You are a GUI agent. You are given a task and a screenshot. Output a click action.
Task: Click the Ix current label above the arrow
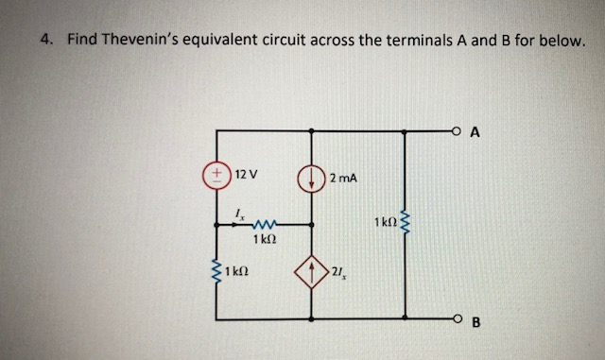(237, 214)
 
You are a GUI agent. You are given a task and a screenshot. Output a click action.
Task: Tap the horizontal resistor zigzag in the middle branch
(268, 224)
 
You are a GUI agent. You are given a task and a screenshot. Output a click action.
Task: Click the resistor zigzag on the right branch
(406, 225)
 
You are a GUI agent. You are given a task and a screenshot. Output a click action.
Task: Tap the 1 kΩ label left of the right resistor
(385, 224)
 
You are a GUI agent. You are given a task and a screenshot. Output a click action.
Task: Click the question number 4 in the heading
(45, 41)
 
